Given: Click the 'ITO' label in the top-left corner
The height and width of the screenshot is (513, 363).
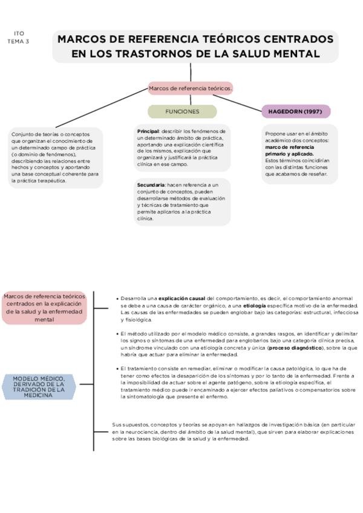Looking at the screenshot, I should (x=19, y=34).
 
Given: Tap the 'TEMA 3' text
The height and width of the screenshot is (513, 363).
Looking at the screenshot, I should (x=18, y=41).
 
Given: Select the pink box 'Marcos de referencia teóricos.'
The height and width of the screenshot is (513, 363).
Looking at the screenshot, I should (x=191, y=88).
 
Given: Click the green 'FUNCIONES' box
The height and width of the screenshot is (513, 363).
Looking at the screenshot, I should (x=182, y=111).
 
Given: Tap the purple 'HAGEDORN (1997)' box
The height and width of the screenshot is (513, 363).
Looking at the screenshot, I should (x=296, y=111).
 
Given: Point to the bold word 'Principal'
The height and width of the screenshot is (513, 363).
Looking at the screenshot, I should (x=148, y=131).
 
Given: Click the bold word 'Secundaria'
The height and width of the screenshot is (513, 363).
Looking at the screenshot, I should (x=151, y=184).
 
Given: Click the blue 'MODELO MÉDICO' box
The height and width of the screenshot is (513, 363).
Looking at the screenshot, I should (x=38, y=387).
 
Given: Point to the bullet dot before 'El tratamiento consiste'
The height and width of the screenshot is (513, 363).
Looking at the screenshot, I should (x=117, y=368).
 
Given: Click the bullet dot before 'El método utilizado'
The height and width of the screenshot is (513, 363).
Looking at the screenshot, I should (x=117, y=333).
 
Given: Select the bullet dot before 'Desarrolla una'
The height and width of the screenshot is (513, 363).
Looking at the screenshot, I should (x=117, y=298).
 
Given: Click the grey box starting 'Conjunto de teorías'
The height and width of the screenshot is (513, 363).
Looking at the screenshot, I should (x=55, y=157).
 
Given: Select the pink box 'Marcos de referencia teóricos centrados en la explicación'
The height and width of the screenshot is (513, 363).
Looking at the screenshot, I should (x=44, y=307).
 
